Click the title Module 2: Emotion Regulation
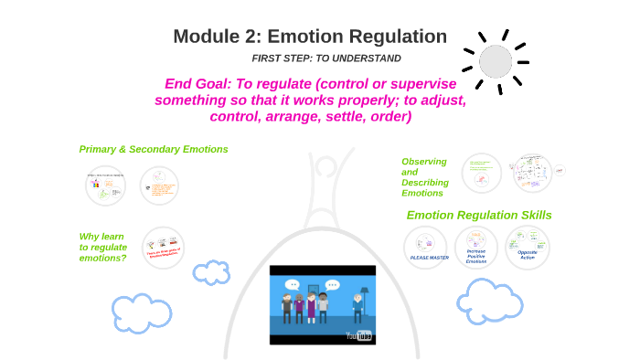(x=310, y=37)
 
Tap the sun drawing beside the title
(x=496, y=60)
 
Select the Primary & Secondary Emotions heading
(x=154, y=149)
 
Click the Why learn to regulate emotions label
(x=102, y=247)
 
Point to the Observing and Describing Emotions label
(x=424, y=177)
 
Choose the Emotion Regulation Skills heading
(x=479, y=216)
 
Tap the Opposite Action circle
(x=528, y=248)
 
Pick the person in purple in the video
(x=311, y=307)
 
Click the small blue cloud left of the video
(x=212, y=272)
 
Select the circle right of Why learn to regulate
(x=163, y=247)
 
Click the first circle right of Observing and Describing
(x=481, y=172)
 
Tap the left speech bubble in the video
(x=292, y=284)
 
